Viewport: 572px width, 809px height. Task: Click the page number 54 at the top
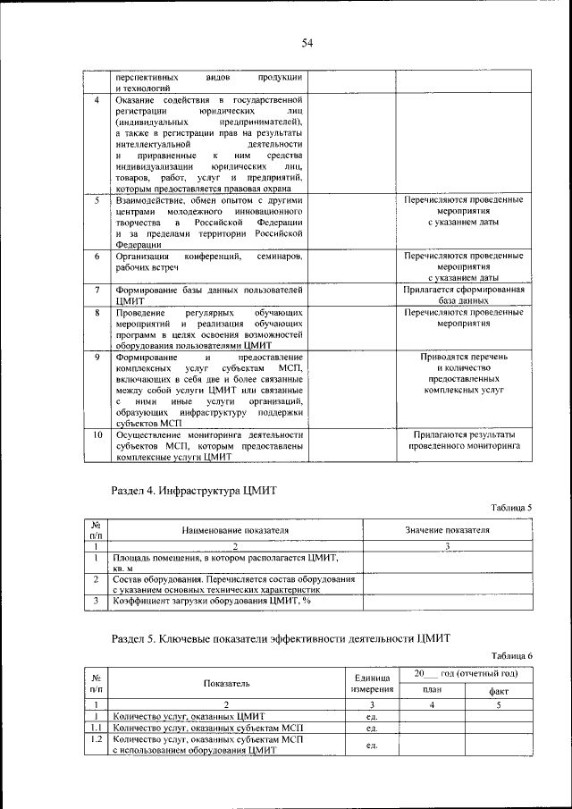[x=307, y=43]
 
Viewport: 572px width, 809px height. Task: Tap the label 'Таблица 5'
[x=512, y=508]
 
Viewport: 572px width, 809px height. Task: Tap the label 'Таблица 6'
[x=512, y=655]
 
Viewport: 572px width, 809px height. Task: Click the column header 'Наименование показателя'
[x=236, y=530]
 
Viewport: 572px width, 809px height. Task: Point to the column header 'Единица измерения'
[x=371, y=684]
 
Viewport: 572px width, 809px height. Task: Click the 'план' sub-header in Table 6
[x=433, y=690]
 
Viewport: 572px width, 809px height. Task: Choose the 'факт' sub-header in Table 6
[x=500, y=690]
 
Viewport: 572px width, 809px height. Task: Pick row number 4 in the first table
[x=97, y=100]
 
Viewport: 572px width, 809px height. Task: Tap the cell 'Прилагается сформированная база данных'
[x=462, y=296]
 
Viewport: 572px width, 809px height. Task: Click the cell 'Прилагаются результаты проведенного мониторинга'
[x=462, y=440]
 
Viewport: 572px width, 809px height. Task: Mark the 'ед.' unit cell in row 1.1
[x=372, y=728]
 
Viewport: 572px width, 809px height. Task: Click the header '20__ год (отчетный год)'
[x=466, y=672]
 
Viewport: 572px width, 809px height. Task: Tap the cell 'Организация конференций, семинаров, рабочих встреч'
[x=208, y=262]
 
